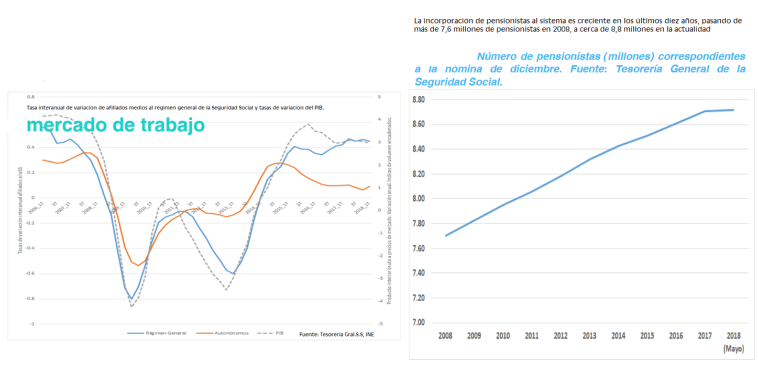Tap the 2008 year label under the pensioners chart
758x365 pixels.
pos(445,336)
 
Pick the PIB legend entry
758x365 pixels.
pos(279,333)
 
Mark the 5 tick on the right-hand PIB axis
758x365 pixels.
pos(379,97)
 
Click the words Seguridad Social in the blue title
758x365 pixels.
pos(459,82)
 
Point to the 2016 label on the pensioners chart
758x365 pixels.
pos(676,336)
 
